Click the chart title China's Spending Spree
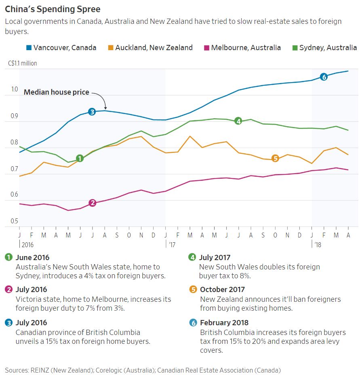53,9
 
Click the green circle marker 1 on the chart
80,158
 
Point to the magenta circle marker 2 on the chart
92,203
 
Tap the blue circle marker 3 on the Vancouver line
92,112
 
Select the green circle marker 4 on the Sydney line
238,121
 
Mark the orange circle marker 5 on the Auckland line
275,158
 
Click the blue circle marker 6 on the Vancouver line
323,76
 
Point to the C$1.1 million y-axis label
22,64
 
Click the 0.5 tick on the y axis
14,221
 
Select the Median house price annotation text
56,92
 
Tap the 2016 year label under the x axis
27,245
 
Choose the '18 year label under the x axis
318,245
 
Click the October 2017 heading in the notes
222,290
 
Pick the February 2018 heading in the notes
224,323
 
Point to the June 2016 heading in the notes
33,257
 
